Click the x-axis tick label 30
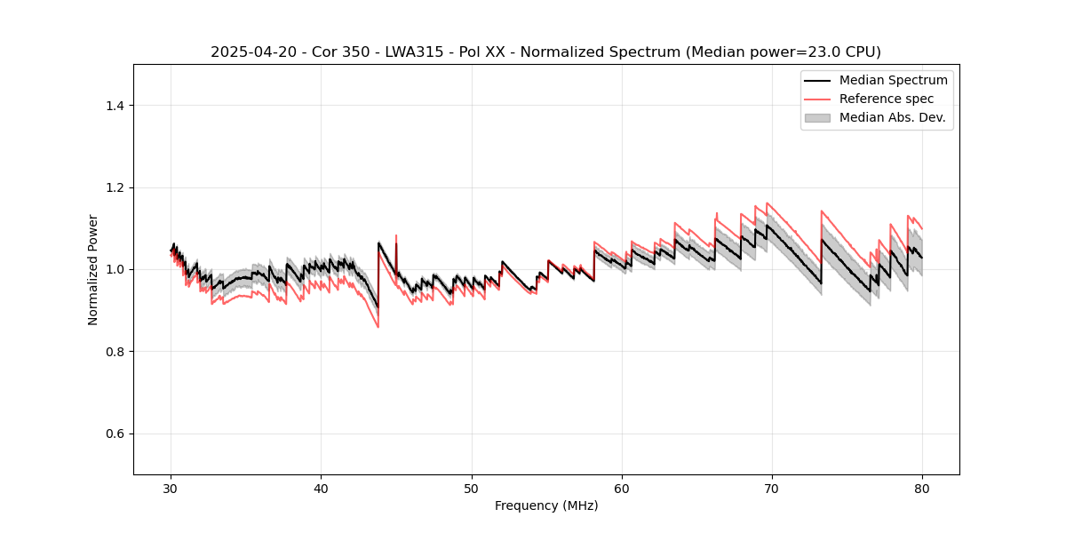point(171,489)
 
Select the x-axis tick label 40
point(322,489)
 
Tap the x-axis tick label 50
point(472,489)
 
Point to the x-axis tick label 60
point(622,489)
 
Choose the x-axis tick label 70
point(772,489)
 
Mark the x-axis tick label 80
point(922,489)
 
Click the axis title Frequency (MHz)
point(546,505)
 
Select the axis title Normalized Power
point(93,269)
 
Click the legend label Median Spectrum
point(893,80)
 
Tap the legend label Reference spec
point(887,99)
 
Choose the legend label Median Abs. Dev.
point(892,117)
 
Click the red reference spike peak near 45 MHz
point(396,236)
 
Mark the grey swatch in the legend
point(817,117)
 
